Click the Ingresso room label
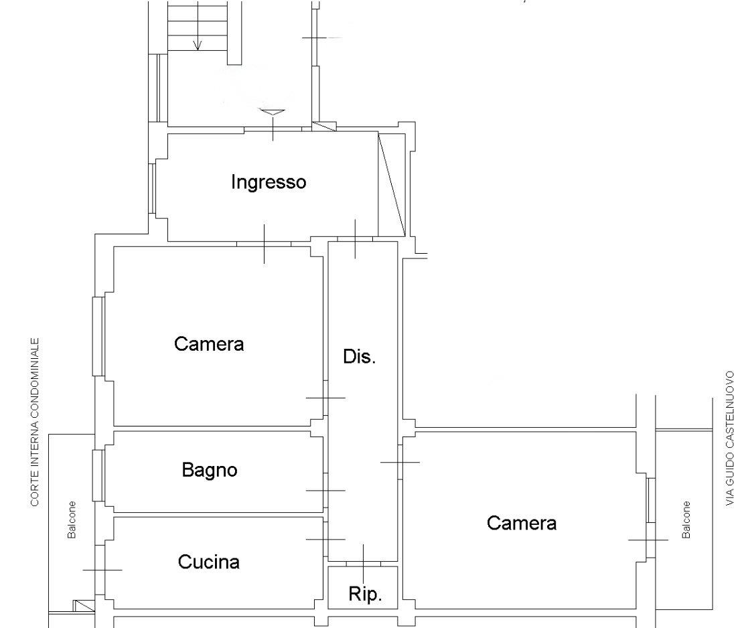point(269,182)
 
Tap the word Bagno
point(210,470)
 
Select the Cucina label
point(208,562)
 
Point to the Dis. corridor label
point(359,356)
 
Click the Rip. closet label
point(365,594)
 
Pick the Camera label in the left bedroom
point(209,344)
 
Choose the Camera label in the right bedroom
point(522,524)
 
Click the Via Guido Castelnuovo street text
point(730,438)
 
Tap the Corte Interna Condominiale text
point(35,422)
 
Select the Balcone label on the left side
point(72,520)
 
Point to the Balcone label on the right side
point(686,520)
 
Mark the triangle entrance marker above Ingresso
point(272,112)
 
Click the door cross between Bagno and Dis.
point(325,490)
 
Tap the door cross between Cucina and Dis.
point(325,540)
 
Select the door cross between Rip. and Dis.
point(364,564)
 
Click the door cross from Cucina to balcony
point(102,570)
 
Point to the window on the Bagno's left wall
point(98,475)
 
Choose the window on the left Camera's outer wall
point(98,336)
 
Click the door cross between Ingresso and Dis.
point(355,238)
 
